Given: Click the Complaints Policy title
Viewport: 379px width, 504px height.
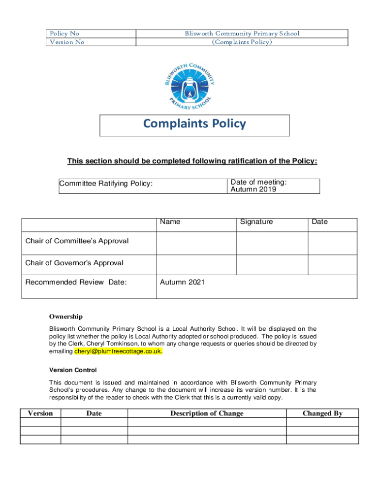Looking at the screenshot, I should [x=194, y=124].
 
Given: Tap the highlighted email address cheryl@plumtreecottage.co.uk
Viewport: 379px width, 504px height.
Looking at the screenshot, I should [x=118, y=352].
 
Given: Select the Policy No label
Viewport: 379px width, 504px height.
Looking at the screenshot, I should [x=64, y=33].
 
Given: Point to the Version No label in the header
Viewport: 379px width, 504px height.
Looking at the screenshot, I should [x=66, y=42].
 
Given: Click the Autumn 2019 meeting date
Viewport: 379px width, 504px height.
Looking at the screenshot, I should [x=253, y=189].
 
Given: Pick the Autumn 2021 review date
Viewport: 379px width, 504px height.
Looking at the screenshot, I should [x=182, y=282].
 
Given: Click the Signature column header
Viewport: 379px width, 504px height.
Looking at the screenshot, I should [x=256, y=222].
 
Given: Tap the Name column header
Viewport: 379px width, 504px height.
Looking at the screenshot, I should [x=170, y=222].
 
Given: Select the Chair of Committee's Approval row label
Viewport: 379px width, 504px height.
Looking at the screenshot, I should [x=77, y=241].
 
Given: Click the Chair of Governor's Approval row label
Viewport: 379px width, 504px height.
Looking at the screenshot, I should [x=74, y=263].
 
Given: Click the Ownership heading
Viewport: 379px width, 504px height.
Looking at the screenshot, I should [x=65, y=316].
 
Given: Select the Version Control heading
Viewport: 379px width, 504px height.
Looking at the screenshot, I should [x=73, y=370].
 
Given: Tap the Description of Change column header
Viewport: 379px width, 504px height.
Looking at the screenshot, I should [x=207, y=413].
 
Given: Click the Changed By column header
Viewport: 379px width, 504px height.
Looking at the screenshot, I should [x=322, y=413].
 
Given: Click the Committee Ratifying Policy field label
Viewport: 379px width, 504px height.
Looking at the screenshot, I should [x=106, y=184].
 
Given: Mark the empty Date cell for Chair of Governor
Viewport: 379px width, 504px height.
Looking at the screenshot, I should [x=332, y=265].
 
